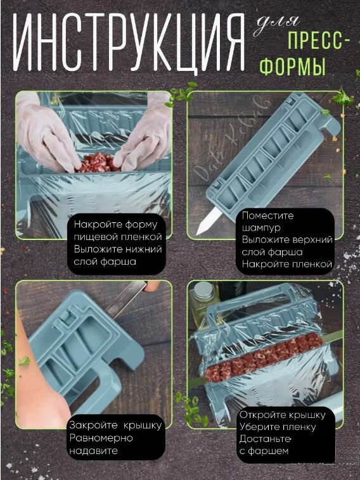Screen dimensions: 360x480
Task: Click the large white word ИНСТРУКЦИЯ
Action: (129, 42)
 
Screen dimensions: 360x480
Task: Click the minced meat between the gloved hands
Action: (98, 163)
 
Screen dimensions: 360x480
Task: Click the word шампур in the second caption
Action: (261, 228)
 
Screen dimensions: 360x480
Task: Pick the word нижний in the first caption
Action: (141, 249)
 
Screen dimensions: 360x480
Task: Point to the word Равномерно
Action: (101, 438)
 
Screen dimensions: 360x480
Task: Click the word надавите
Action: (93, 451)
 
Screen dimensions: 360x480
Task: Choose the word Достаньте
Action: (265, 439)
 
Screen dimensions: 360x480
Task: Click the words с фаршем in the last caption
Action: (264, 452)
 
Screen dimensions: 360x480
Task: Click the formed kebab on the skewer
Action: (264, 357)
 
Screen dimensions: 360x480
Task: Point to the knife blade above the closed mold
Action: (126, 298)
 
